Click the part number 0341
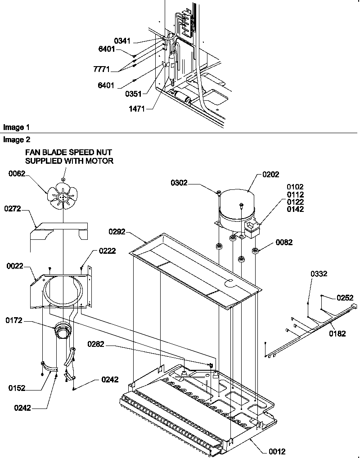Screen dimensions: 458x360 point(122,41)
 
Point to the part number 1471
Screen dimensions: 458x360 point(136,108)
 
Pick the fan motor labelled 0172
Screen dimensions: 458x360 point(62,332)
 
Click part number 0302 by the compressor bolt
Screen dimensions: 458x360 point(180,182)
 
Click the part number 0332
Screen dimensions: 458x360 point(319,274)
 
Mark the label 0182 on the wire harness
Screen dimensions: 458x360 point(337,333)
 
